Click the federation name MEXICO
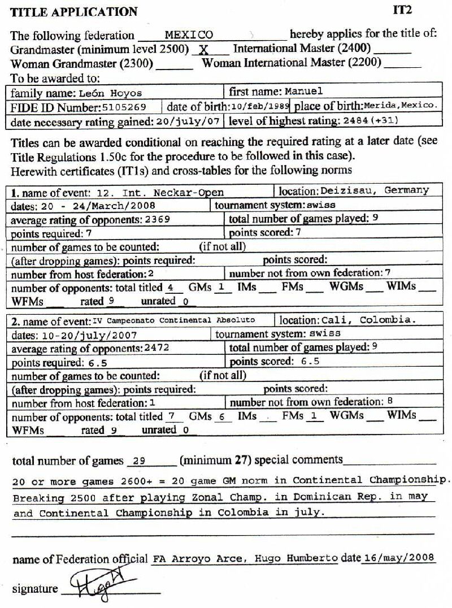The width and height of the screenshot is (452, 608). point(189,35)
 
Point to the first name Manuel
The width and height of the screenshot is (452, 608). point(303,92)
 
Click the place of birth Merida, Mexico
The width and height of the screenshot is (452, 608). point(400,106)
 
